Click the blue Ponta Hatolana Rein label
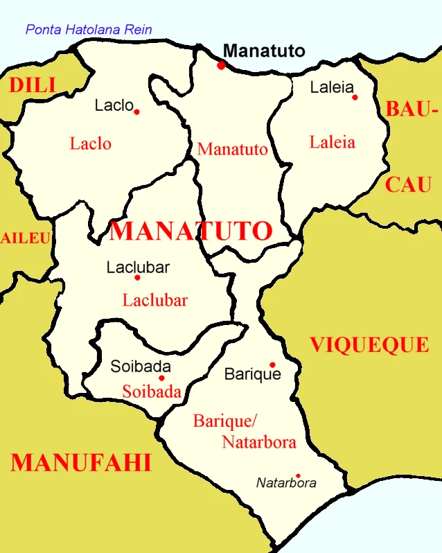point(89,30)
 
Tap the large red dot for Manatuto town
point(221,65)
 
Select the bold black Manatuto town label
point(265,51)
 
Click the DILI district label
point(32,85)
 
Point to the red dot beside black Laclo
point(136,112)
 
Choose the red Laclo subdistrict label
point(91,143)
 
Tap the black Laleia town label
point(332,87)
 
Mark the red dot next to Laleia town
point(355,97)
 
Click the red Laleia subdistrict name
point(332,142)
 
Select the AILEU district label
point(25,238)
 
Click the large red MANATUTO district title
point(191,231)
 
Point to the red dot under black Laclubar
point(137,277)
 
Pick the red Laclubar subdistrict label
point(155,300)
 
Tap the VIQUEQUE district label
point(369,344)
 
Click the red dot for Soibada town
point(161,378)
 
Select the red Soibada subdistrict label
point(152,392)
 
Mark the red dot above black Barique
point(272,365)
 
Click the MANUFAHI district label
point(81,462)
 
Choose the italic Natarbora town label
point(286,483)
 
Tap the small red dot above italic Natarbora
point(298,475)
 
